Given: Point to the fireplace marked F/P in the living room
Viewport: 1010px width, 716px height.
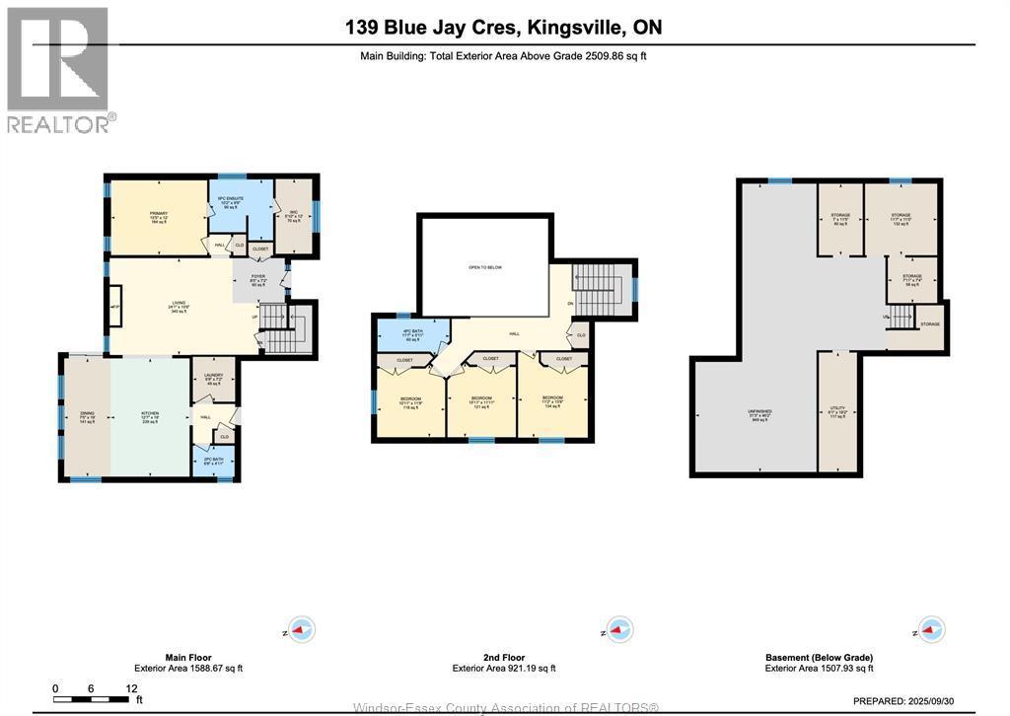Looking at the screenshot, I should coord(114,308).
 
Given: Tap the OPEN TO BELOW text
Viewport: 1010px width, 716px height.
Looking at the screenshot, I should coord(484,267).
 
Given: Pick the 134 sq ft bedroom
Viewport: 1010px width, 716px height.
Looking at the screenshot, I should coord(552,400).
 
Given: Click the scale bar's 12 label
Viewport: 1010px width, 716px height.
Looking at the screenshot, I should coord(130,688).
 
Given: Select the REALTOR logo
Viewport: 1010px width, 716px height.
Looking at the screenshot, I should coord(59,69).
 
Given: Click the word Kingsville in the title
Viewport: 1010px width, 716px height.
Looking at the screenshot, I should coord(548,28).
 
